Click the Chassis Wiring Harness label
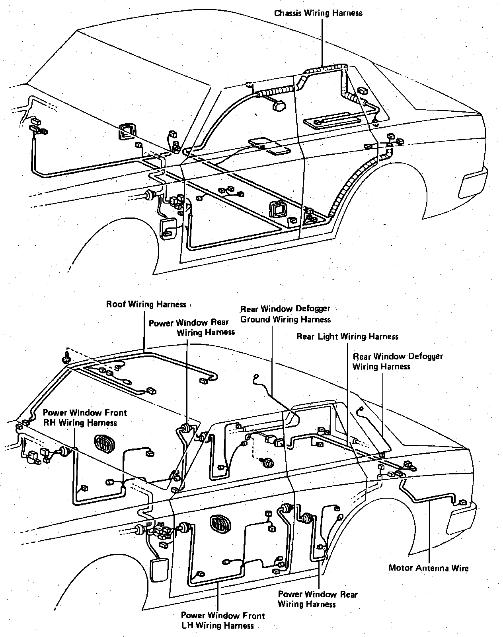pyautogui.click(x=318, y=13)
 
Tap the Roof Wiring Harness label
pyautogui.click(x=146, y=305)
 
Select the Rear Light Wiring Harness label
pyautogui.click(x=347, y=337)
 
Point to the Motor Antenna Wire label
pyautogui.click(x=428, y=568)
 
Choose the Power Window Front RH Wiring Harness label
pyautogui.click(x=85, y=418)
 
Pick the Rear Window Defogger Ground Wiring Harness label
pyautogui.click(x=285, y=314)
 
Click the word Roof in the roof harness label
pyautogui.click(x=116, y=305)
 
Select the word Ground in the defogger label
pyautogui.click(x=257, y=319)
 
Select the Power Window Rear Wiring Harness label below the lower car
pyautogui.click(x=317, y=599)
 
